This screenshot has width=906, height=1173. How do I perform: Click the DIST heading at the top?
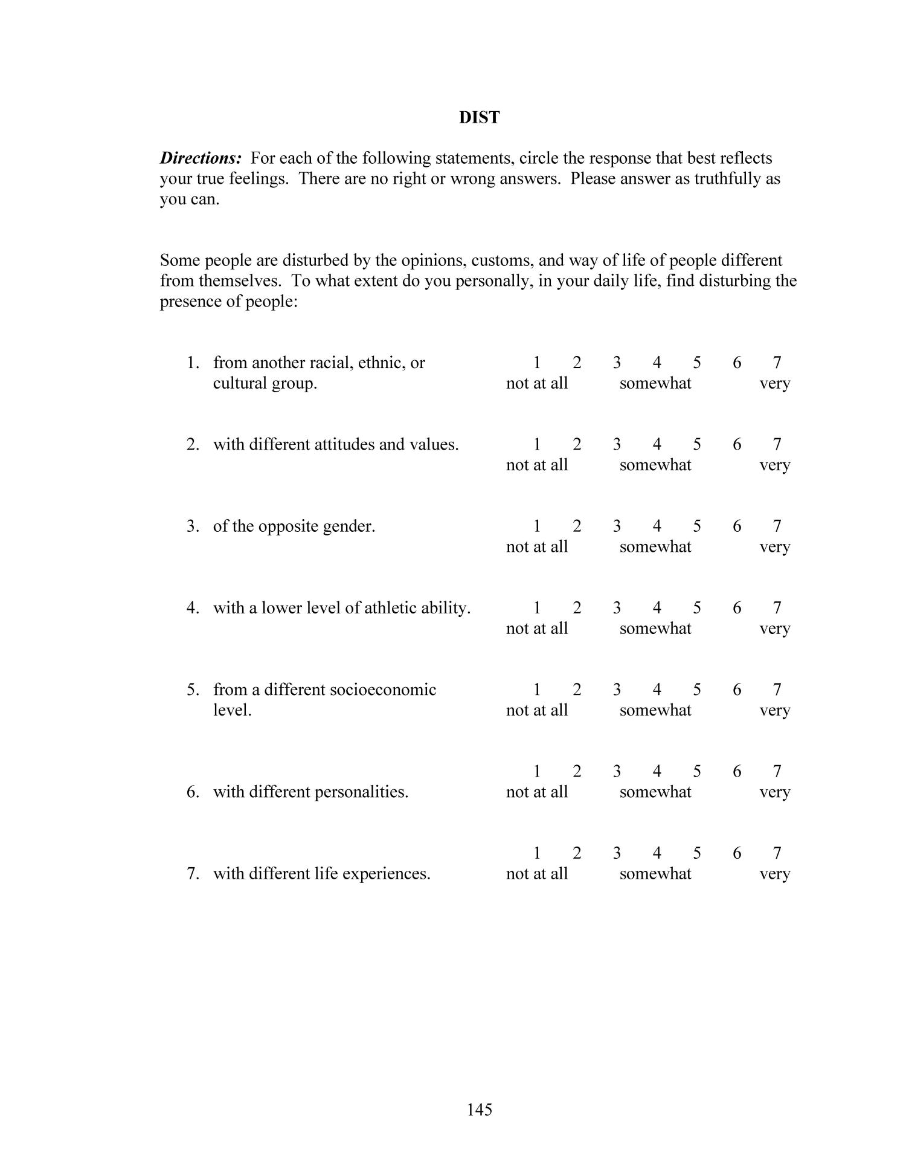tap(479, 117)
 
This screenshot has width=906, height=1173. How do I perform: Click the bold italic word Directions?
tap(201, 158)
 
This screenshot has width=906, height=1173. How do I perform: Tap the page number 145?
tap(479, 1109)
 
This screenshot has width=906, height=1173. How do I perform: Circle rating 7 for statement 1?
tap(777, 363)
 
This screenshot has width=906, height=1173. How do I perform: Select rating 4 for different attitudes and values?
tap(657, 444)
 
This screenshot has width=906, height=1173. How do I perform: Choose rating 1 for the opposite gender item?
tap(536, 526)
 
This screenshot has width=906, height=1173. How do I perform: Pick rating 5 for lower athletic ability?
tap(696, 607)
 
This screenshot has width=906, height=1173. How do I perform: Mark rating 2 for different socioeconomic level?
tap(576, 689)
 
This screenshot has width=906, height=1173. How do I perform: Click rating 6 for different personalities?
tap(736, 771)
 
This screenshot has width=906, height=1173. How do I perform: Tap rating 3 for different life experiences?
tap(616, 853)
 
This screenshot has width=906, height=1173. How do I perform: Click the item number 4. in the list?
tap(193, 608)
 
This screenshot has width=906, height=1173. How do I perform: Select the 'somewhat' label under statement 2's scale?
tap(655, 465)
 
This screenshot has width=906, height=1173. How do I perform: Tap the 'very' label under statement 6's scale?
tap(774, 792)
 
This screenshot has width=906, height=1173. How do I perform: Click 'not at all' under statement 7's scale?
tap(536, 873)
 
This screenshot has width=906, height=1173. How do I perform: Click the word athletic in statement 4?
tap(390, 608)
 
